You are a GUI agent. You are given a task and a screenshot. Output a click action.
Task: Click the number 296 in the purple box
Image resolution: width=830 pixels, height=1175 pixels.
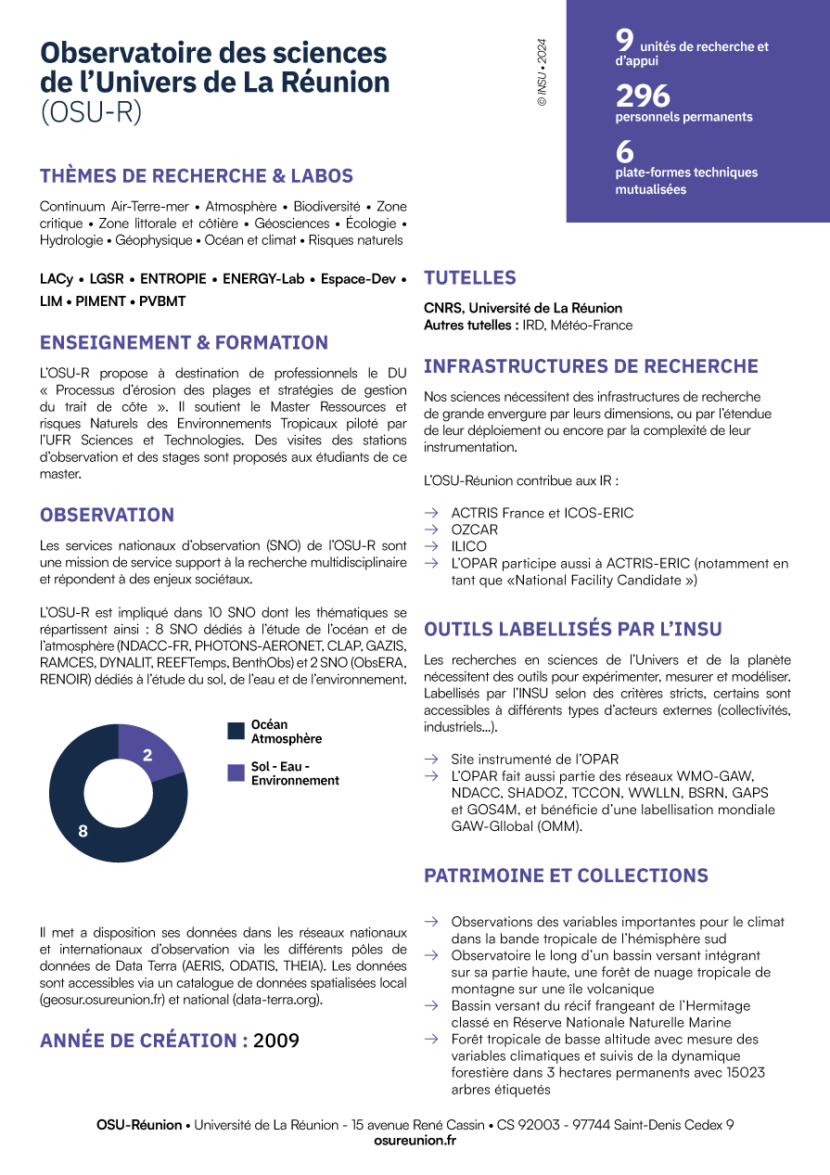pyautogui.click(x=643, y=96)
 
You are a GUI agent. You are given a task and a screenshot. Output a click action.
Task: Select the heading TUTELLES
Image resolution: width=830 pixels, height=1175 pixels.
pyautogui.click(x=470, y=277)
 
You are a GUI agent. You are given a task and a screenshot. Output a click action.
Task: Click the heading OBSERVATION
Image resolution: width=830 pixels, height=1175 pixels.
pyautogui.click(x=107, y=515)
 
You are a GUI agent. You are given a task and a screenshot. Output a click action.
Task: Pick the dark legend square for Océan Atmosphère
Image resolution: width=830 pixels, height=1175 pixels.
pyautogui.click(x=236, y=732)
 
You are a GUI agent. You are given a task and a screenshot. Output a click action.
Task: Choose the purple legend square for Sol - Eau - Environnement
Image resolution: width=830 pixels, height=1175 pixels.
pyautogui.click(x=236, y=773)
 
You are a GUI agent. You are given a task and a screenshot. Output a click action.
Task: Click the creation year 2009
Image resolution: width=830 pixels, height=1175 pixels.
pyautogui.click(x=276, y=1041)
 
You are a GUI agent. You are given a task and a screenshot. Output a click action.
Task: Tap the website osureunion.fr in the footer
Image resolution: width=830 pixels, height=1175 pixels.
pyautogui.click(x=415, y=1141)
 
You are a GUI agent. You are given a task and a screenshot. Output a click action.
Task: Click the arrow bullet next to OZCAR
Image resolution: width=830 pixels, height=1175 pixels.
pyautogui.click(x=431, y=530)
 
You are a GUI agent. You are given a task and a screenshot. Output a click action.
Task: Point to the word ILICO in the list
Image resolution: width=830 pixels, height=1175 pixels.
pyautogui.click(x=469, y=546)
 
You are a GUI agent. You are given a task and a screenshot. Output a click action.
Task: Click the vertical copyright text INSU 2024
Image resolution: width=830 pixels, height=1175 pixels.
pyautogui.click(x=543, y=72)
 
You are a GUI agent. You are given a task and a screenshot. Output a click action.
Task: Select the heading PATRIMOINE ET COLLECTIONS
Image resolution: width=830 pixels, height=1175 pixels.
pyautogui.click(x=566, y=875)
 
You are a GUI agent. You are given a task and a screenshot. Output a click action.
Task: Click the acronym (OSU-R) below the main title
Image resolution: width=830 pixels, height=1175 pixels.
pyautogui.click(x=92, y=111)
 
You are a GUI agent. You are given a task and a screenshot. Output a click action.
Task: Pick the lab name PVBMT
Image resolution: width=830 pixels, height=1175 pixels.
pyautogui.click(x=162, y=301)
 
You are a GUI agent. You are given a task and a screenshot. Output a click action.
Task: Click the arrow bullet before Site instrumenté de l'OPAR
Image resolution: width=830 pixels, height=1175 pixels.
pyautogui.click(x=431, y=759)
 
